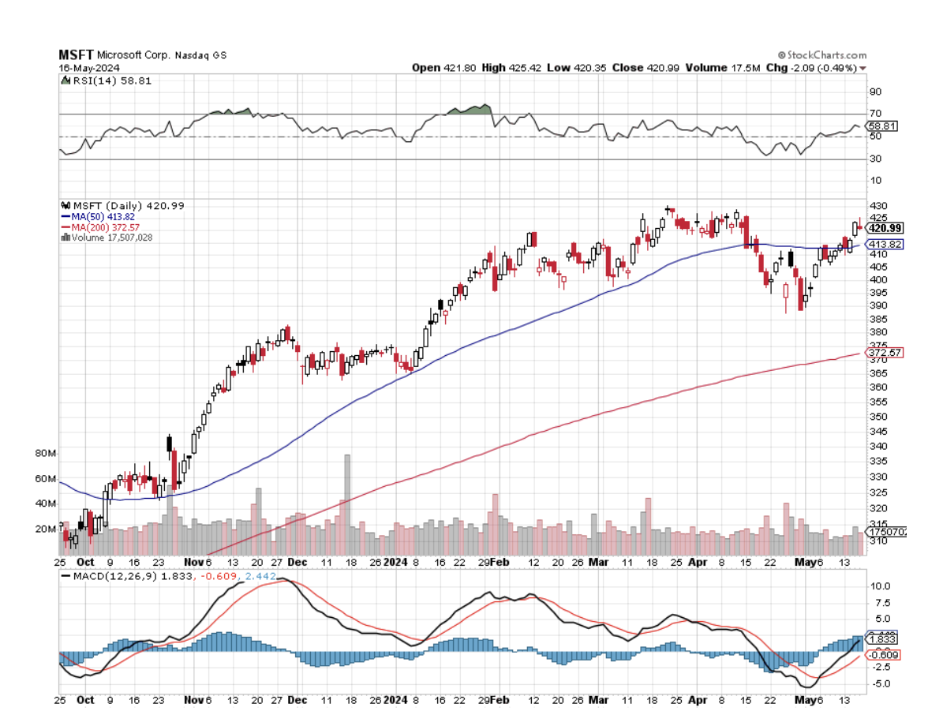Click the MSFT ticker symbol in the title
pyautogui.click(x=77, y=55)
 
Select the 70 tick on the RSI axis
pyautogui.click(x=875, y=114)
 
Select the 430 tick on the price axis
pyautogui.click(x=877, y=206)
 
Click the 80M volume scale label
pyautogui.click(x=46, y=454)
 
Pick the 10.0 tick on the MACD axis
pyautogui.click(x=879, y=586)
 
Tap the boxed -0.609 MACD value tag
pyautogui.click(x=883, y=655)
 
